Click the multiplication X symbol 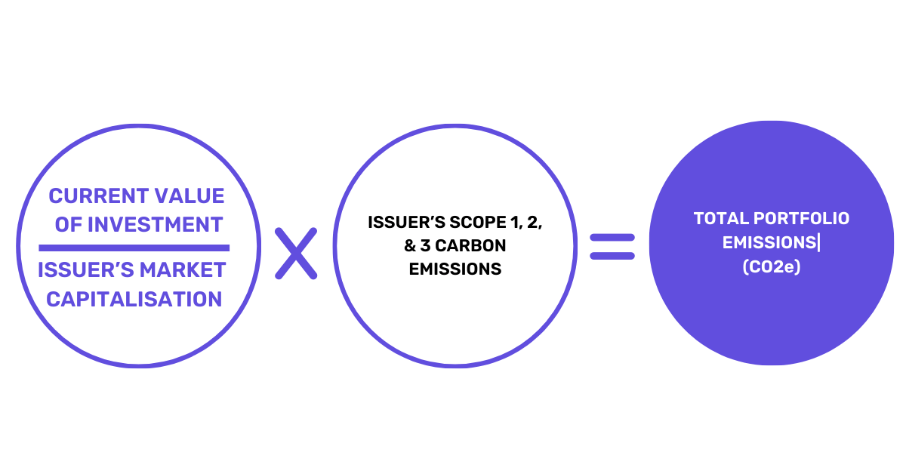(x=295, y=253)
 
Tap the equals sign (x=612, y=247)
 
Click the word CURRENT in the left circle (x=97, y=196)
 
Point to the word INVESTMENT (x=155, y=224)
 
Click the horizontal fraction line (x=134, y=248)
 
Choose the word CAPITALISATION (x=134, y=299)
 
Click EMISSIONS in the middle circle (x=455, y=269)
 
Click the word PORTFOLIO (x=801, y=219)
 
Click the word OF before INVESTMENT (x=68, y=224)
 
